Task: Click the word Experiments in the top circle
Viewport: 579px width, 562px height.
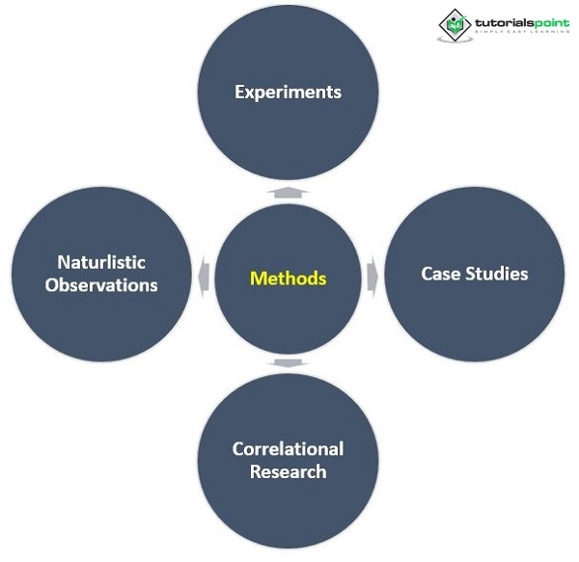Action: tap(288, 93)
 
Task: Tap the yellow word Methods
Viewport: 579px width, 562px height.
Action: tap(288, 279)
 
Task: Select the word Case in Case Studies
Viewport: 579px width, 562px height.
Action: tap(440, 273)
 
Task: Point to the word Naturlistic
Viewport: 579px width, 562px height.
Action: tap(101, 262)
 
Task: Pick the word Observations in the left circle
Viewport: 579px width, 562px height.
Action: tap(101, 285)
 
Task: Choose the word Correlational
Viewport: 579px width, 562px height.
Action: tap(288, 448)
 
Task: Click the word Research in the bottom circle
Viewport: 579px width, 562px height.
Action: tap(288, 471)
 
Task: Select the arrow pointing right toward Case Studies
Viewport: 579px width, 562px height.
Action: tap(372, 277)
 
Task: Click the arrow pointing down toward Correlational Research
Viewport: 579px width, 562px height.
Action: tap(283, 363)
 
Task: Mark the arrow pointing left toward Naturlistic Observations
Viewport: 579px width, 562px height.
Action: tap(202, 277)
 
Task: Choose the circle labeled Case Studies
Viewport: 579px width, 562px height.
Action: tap(475, 308)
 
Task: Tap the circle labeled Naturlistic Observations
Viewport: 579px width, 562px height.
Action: tap(101, 318)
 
